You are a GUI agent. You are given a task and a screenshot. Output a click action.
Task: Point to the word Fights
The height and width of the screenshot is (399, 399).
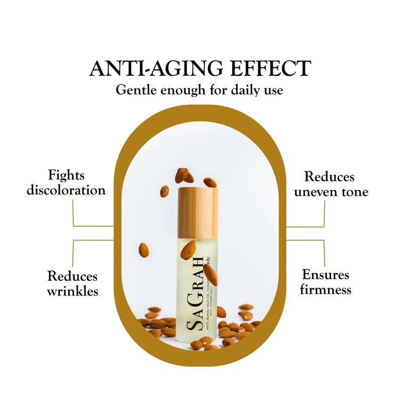tap(66, 175)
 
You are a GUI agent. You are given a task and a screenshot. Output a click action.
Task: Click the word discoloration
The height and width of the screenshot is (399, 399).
tap(66, 190)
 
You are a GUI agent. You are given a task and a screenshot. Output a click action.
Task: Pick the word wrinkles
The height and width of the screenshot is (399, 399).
tap(73, 290)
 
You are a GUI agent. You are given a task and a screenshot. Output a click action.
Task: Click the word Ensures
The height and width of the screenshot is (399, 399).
tap(326, 274)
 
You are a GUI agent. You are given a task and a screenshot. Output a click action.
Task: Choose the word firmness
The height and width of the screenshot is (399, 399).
tap(326, 289)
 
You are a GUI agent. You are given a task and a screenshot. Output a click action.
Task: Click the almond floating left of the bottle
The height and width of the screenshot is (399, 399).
tap(144, 248)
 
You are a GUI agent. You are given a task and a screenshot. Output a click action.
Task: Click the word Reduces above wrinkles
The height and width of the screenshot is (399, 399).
tap(73, 276)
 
